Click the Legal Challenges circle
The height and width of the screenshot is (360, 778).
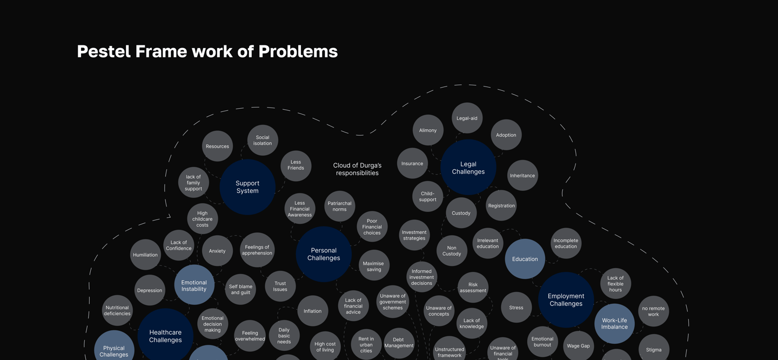pyautogui.click(x=468, y=168)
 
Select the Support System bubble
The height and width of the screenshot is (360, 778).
pyautogui.click(x=247, y=187)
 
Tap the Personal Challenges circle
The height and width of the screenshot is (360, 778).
pyautogui.click(x=324, y=254)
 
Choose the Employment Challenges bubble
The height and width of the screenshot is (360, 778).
pyautogui.click(x=566, y=300)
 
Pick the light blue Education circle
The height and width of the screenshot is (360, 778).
pyautogui.click(x=525, y=259)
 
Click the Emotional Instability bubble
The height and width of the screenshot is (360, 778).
pyautogui.click(x=194, y=285)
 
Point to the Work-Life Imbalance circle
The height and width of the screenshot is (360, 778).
pyautogui.click(x=614, y=323)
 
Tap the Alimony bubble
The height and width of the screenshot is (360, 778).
pyautogui.click(x=428, y=130)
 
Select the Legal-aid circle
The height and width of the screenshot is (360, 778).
pyautogui.click(x=467, y=118)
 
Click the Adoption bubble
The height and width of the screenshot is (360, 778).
pyautogui.click(x=506, y=135)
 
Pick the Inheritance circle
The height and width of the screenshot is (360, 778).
pyautogui.click(x=522, y=175)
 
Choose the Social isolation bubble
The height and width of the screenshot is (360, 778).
pyautogui.click(x=263, y=140)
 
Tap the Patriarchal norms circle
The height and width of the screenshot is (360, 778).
pyautogui.click(x=339, y=206)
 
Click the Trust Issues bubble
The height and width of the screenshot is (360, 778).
pyautogui.click(x=280, y=286)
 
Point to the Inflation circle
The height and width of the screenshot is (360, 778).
pyautogui.click(x=312, y=311)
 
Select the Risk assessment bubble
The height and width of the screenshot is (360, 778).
pyautogui.click(x=473, y=287)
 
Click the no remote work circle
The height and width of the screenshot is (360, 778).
pyautogui.click(x=653, y=311)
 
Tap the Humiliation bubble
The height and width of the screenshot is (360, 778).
pyautogui.click(x=145, y=255)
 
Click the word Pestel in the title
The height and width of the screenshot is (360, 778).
pyautogui.click(x=103, y=51)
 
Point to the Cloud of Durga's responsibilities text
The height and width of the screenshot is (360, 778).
pyautogui.click(x=357, y=169)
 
